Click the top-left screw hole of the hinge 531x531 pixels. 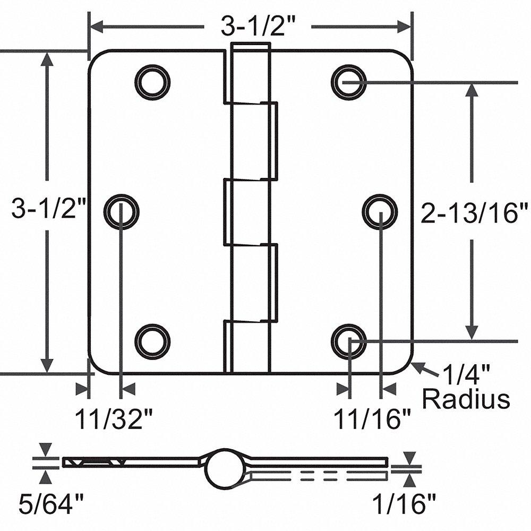[152, 82]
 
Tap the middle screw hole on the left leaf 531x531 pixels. [121, 211]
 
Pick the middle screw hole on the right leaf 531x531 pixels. [380, 211]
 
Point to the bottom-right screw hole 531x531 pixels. [349, 340]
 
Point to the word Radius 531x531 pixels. [466, 399]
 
